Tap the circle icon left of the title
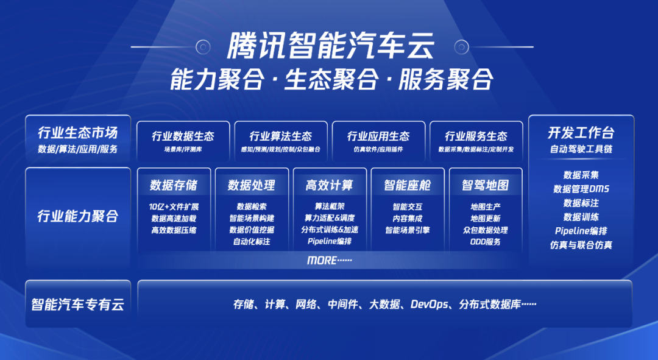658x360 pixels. click(203, 46)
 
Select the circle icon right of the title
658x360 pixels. click(462, 46)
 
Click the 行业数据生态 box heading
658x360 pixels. click(183, 136)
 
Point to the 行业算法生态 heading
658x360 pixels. click(281, 136)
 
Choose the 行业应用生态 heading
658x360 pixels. click(378, 136)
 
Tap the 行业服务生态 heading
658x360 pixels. click(476, 136)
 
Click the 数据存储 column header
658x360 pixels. click(174, 185)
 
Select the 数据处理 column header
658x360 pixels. click(252, 185)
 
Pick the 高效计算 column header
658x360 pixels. click(330, 185)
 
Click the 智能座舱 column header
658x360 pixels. click(408, 185)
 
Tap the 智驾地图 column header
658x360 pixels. click(486, 185)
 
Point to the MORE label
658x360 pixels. click(330, 261)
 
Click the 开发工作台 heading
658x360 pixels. click(581, 133)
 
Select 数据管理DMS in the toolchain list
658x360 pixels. click(581, 189)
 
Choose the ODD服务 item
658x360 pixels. click(486, 242)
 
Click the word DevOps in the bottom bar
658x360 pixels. click(430, 304)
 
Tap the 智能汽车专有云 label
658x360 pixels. click(78, 304)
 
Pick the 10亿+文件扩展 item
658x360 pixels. click(174, 207)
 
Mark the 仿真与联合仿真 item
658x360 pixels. click(581, 245)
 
